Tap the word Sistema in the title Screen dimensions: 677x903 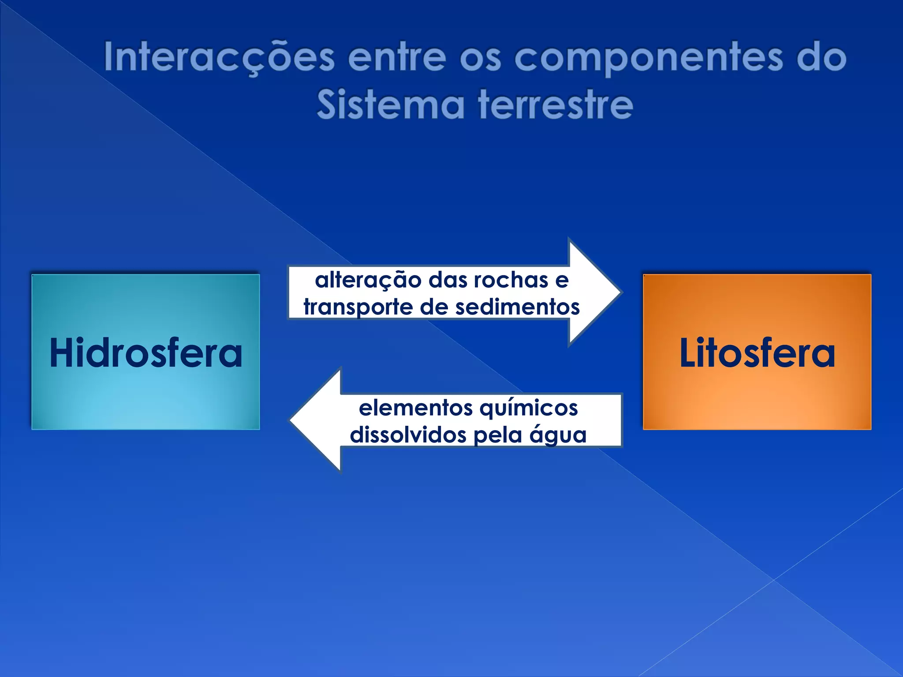[x=391, y=105]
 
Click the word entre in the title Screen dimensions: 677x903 [x=397, y=58]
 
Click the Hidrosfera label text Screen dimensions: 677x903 [x=146, y=353]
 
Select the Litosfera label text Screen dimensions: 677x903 [x=757, y=353]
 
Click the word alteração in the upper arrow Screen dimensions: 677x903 [x=368, y=280]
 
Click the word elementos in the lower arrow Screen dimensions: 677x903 [x=415, y=408]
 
